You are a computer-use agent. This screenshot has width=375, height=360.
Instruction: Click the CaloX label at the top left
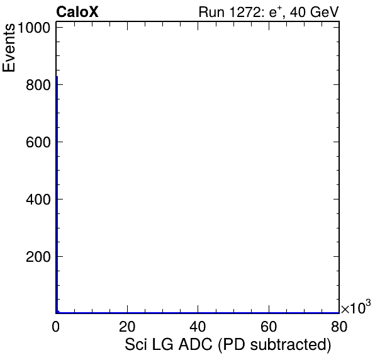pyautogui.click(x=77, y=12)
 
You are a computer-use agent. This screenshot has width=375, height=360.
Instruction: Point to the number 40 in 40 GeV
pyautogui.click(x=298, y=12)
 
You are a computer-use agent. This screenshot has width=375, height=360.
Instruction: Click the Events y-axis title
pyautogui.click(x=9, y=48)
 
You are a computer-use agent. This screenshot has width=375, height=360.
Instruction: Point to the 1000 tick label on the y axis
pyautogui.click(x=33, y=28)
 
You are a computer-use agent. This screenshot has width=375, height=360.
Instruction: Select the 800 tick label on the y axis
pyautogui.click(x=38, y=85)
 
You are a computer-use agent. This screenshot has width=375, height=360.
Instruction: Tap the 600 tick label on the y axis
pyautogui.click(x=38, y=142)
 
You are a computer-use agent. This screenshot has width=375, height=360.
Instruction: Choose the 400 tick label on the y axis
pyautogui.click(x=38, y=200)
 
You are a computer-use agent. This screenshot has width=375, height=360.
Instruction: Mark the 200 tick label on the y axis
pyautogui.click(x=38, y=257)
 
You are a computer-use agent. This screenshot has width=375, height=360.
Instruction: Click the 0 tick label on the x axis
pyautogui.click(x=56, y=326)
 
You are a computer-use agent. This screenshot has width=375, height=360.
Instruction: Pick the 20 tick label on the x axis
pyautogui.click(x=127, y=326)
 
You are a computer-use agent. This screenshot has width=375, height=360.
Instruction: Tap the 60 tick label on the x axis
pyautogui.click(x=269, y=326)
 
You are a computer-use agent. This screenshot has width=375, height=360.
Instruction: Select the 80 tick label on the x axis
pyautogui.click(x=339, y=326)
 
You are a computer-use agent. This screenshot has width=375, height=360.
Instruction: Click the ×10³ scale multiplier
pyautogui.click(x=356, y=307)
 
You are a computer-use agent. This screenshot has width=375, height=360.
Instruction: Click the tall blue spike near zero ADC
pyautogui.click(x=57, y=194)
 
